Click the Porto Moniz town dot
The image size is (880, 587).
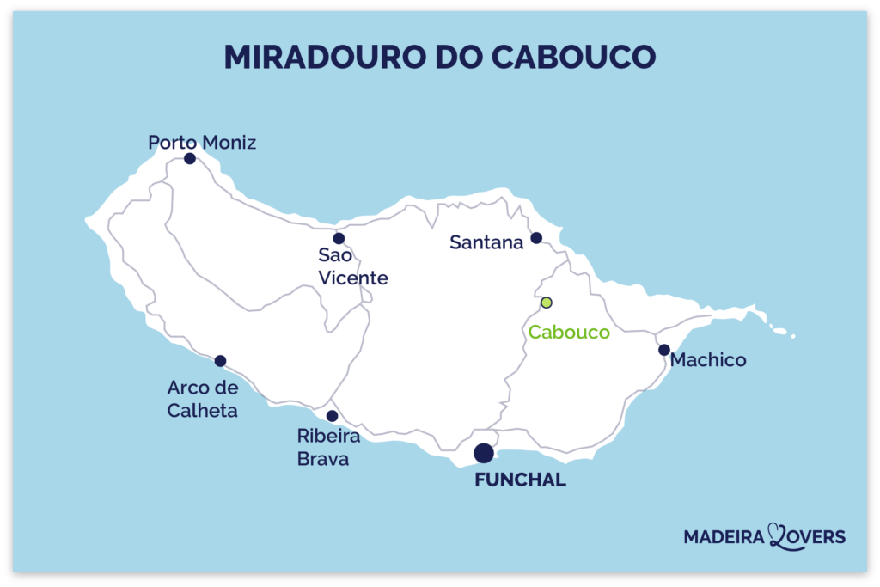(190, 158)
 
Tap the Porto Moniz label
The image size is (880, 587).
(202, 142)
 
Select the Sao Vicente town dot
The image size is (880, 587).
(339, 238)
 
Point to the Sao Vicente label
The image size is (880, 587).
(353, 266)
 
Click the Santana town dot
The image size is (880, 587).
(536, 237)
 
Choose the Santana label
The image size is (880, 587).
(486, 243)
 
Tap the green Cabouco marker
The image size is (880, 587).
(546, 303)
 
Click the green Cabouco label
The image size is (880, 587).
(569, 333)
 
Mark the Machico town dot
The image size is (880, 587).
(664, 350)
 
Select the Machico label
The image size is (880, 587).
(708, 360)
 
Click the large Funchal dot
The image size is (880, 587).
(484, 453)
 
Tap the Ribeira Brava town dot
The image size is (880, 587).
(333, 416)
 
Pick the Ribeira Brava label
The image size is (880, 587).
(328, 448)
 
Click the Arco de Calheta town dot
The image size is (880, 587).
(220, 361)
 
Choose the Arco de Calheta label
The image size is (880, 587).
(203, 400)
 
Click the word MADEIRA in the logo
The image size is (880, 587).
(726, 537)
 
